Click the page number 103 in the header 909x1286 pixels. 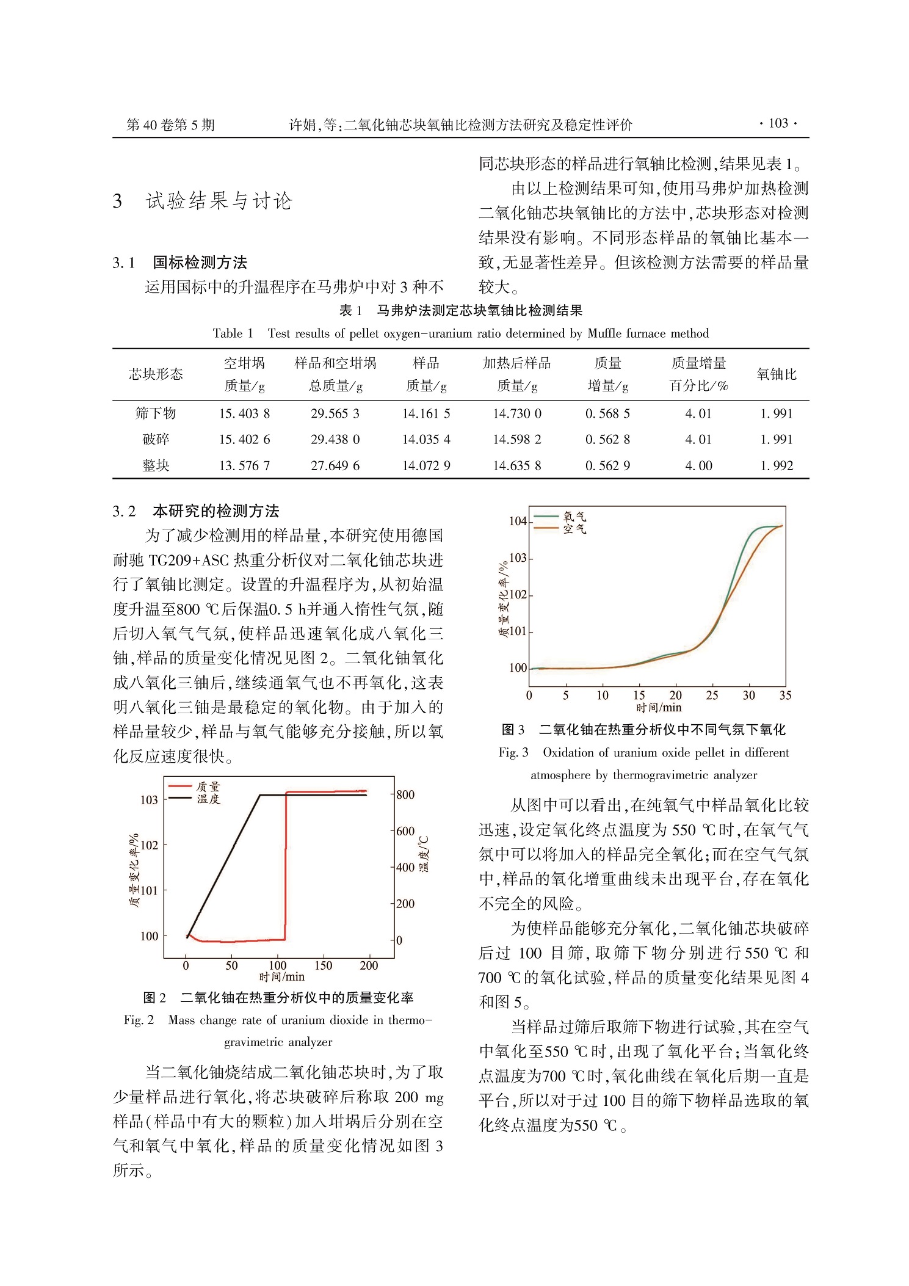pos(778,124)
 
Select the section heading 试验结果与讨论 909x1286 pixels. pos(219,201)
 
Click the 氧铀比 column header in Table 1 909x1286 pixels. pos(777,374)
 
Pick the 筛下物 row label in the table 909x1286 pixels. pos(156,413)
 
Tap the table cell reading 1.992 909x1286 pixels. pos(777,465)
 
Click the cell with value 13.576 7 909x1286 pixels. pos(244,465)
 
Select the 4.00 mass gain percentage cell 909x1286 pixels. pos(698,465)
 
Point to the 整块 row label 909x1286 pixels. pos(156,465)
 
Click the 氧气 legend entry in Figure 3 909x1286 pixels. pos(574,517)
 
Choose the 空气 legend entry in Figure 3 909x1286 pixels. pos(574,529)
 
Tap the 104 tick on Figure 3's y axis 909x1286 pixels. pos(518,521)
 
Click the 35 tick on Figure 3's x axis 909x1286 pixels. pos(785,695)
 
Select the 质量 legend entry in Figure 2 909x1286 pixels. pos(208,786)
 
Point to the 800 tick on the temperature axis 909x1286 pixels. pos(405,794)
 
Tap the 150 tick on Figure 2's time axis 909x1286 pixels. pos(323,965)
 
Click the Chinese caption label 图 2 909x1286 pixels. pos(154,998)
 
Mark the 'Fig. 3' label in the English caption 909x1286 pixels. pos(513,752)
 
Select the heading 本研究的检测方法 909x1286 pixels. pos(215,511)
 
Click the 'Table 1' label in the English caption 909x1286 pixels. pos(233,333)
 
